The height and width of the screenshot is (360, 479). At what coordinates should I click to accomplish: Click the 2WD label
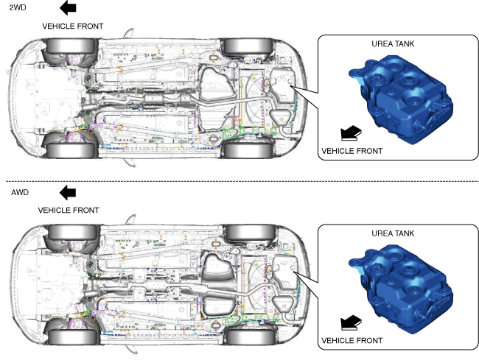coord(15,8)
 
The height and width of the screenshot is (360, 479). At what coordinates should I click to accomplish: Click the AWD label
coord(19,192)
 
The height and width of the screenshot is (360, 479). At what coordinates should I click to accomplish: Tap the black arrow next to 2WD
coord(67,8)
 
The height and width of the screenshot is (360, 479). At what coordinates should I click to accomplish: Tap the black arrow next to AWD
coord(68,192)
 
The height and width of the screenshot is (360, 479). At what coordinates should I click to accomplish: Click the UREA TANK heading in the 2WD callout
coord(393,44)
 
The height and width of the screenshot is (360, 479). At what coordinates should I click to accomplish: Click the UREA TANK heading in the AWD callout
coord(393,233)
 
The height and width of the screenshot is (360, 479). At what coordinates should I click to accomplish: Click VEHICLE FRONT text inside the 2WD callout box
coord(352,151)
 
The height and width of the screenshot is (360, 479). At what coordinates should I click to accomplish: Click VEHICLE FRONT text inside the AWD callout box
coord(352,341)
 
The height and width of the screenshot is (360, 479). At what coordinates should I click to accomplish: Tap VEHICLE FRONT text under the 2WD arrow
coord(73,26)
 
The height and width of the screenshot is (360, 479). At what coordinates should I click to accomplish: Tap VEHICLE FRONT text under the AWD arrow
coord(69,210)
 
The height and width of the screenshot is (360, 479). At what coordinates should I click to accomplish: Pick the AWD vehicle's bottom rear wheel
coord(243,336)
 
